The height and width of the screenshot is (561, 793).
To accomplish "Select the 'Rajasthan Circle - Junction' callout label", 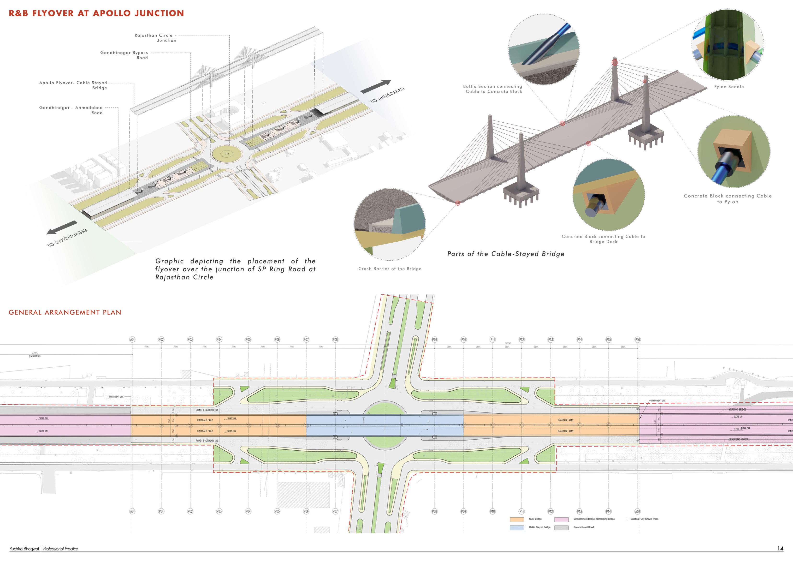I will tap(155, 38).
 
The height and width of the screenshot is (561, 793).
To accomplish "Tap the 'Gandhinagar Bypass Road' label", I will tap(124, 55).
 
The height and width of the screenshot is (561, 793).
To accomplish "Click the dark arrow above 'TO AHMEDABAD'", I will tap(376, 87).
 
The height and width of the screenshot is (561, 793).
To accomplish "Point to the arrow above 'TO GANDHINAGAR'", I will tap(62, 228).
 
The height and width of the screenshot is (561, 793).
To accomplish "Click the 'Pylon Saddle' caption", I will tap(729, 87).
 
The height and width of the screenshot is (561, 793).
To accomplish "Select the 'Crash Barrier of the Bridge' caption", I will tap(390, 269).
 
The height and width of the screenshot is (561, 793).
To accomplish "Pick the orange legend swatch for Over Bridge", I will tap(517, 519).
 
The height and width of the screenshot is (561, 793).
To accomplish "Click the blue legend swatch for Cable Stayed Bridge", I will tap(517, 527).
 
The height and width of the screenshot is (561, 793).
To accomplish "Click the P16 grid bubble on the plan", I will tap(637, 340).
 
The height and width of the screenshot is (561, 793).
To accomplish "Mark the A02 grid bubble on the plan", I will tap(637, 511).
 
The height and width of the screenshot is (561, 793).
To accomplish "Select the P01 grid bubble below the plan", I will tap(161, 511).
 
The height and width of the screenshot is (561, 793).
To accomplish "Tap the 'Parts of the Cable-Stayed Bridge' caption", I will tap(506, 254).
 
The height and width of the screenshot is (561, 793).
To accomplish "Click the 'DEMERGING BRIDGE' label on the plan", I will tap(738, 439).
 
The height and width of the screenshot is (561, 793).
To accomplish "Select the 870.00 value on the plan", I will tap(745, 428).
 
